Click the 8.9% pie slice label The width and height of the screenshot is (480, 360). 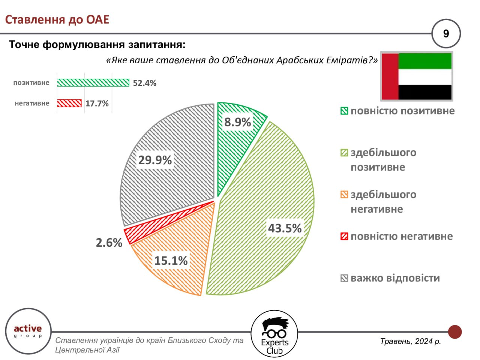[x=237, y=122]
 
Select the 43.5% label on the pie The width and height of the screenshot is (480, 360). [x=285, y=228]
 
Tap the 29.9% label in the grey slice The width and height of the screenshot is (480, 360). [x=155, y=160]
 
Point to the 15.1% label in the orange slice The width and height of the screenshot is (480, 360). [x=171, y=260]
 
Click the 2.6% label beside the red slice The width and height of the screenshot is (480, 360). [x=109, y=243]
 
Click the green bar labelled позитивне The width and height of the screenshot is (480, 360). [x=93, y=83]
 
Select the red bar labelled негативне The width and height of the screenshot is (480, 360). [x=69, y=103]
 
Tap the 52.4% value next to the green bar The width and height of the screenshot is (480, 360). [x=144, y=83]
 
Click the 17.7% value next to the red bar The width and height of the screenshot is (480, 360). [x=97, y=103]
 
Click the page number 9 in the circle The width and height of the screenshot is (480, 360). [x=446, y=34]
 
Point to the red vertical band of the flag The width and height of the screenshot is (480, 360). [x=390, y=76]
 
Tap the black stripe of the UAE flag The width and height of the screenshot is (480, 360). [x=425, y=92]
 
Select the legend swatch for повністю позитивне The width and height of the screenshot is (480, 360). [x=344, y=111]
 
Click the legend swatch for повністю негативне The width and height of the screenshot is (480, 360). [x=344, y=236]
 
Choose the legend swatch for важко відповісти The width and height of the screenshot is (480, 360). [x=344, y=278]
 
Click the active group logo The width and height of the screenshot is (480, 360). [x=28, y=331]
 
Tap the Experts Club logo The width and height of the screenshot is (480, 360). [x=274, y=334]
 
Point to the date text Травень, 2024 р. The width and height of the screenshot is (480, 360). [x=411, y=341]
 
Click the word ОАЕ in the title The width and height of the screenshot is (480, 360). [x=97, y=19]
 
